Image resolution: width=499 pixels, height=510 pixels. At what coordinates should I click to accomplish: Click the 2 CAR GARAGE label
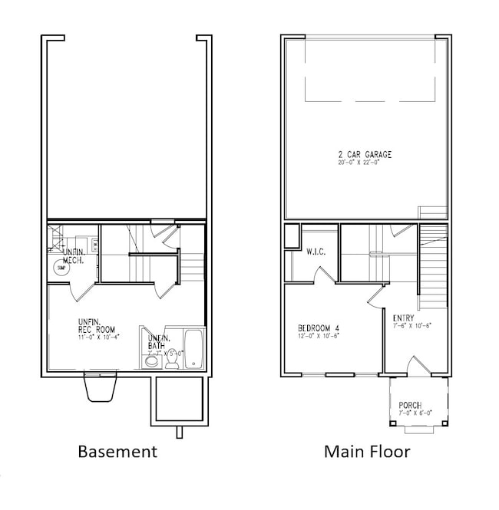tap(365, 155)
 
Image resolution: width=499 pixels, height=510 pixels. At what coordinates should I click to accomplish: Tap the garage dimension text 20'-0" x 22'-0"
tap(365, 163)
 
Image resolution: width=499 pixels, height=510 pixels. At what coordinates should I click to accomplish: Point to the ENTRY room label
tap(404, 318)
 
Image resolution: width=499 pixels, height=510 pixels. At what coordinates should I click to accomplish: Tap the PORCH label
tap(410, 405)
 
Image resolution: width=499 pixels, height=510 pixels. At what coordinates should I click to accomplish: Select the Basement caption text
tap(117, 451)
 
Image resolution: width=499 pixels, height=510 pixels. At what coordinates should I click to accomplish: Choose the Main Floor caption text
tap(367, 451)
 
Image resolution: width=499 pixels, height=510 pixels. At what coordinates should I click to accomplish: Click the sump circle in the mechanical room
tap(61, 268)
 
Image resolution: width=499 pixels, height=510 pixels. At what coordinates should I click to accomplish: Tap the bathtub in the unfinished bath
tap(193, 348)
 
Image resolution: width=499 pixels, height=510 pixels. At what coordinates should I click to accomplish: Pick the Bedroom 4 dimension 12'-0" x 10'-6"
tap(319, 335)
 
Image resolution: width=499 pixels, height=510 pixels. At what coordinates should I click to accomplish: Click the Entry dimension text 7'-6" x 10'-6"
tap(412, 325)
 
